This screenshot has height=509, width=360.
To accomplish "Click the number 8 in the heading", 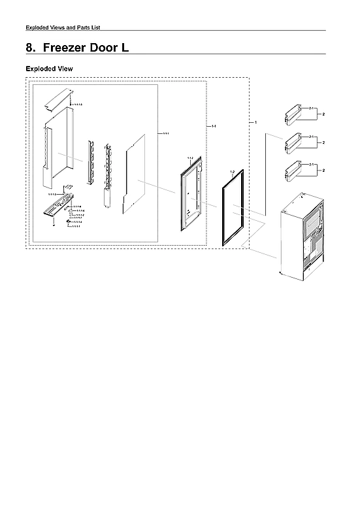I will (x=29, y=48).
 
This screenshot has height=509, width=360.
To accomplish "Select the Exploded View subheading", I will (x=49, y=69).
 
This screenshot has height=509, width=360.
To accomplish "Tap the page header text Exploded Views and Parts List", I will (x=62, y=27).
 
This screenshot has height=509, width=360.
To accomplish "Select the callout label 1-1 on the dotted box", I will (x=214, y=126).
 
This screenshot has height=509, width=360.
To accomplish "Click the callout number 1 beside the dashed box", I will (x=255, y=122).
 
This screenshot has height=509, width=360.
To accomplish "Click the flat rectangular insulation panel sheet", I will (x=138, y=173).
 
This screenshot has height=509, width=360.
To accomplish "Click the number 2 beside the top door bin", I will (x=324, y=114).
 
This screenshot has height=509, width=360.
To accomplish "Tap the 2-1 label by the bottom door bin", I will (x=312, y=165).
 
